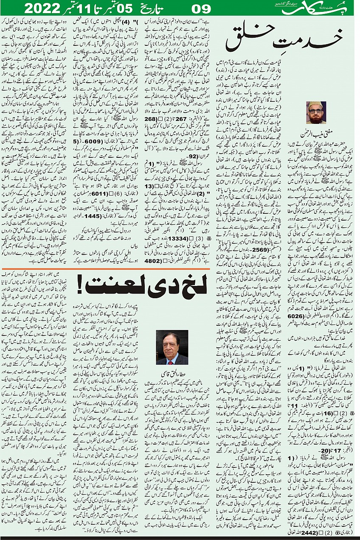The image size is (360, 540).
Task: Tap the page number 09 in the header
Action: coord(202,8)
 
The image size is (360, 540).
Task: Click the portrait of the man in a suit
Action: coord(172,347)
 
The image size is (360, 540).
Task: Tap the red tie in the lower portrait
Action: coord(172,359)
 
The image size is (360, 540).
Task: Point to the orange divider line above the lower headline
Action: coord(106,269)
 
